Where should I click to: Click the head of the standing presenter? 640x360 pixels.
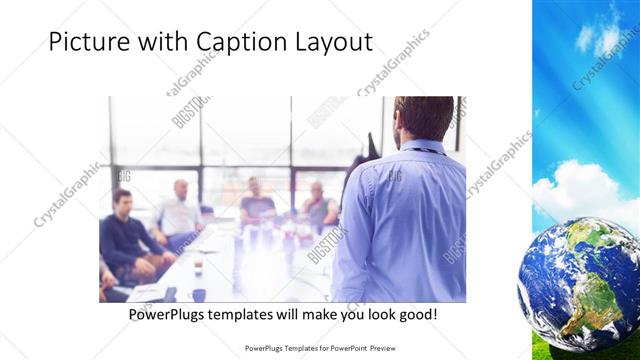pos(423,118)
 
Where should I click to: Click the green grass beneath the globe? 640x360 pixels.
pos(540,351)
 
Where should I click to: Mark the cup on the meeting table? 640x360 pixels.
pos(198,267)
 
